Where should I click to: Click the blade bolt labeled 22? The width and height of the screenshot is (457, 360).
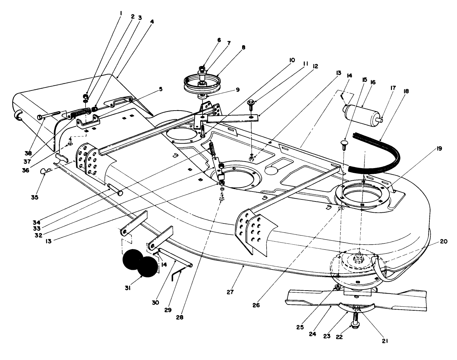pyautogui.click(x=355, y=319)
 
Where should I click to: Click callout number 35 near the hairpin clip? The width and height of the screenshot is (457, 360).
pyautogui.click(x=34, y=197)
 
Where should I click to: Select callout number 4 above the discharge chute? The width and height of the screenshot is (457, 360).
pyautogui.click(x=152, y=21)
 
